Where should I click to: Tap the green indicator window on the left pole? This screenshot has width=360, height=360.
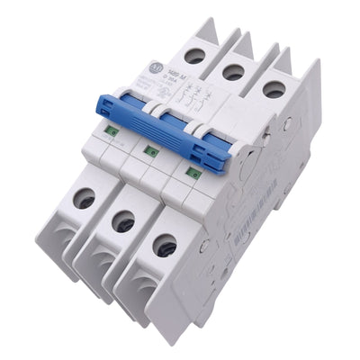point(112,131)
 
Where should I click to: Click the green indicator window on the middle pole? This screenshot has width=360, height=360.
point(152,149)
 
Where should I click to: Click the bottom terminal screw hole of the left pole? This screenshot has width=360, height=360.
point(85,199)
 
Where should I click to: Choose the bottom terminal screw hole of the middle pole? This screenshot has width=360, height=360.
point(123,221)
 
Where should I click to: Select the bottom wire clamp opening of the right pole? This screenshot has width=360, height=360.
point(139,286)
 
